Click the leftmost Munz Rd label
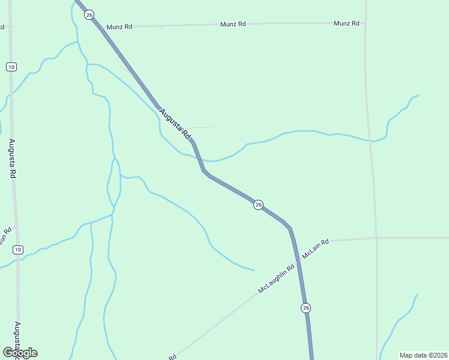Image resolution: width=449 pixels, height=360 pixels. tap(119, 27)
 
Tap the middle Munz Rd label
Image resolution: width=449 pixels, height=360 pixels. tap(233, 24)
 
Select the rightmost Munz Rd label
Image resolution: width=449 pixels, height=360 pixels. tap(346, 23)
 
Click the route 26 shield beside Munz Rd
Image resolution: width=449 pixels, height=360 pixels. tap(89, 14)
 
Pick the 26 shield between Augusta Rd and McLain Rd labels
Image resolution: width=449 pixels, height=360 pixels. tap(258, 205)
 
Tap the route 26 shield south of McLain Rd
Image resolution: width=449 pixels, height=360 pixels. tap(306, 308)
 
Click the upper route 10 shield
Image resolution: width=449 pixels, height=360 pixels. tap(11, 67)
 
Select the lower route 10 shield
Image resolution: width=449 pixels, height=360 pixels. tap(18, 250)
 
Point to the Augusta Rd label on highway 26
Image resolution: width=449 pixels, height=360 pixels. tap(175, 123)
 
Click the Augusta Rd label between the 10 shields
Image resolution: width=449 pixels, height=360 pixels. tap(12, 158)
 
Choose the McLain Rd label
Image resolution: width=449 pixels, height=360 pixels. tap(316, 249)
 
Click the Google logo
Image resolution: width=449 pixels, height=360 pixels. tap(20, 353)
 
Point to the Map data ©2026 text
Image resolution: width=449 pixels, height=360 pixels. tap(423, 355)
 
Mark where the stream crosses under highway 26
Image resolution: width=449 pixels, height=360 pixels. tap(199, 160)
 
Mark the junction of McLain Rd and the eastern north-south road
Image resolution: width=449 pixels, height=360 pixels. tap(376, 238)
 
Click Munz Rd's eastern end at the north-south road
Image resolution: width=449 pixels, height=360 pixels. tap(365, 23)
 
